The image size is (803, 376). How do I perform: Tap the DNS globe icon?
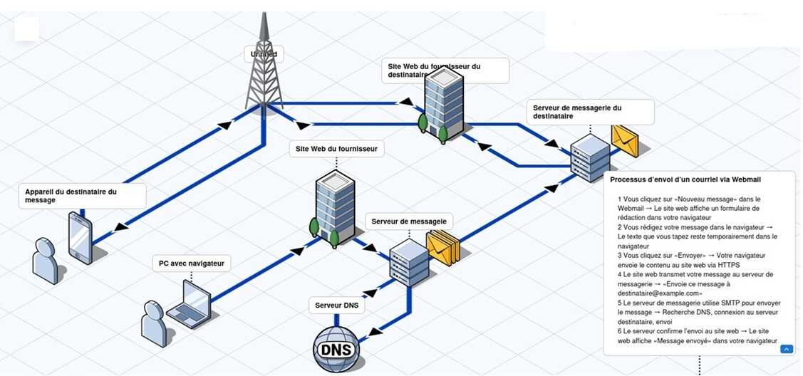(x=336, y=349)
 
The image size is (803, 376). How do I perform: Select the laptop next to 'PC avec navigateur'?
(x=190, y=305)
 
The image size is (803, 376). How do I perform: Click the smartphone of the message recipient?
(x=81, y=239)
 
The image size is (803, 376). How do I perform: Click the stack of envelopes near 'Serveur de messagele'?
(x=442, y=247)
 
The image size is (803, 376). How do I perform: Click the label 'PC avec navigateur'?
(x=192, y=263)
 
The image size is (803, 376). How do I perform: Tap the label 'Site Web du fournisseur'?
(x=337, y=149)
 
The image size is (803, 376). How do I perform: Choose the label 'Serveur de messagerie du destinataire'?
(x=591, y=112)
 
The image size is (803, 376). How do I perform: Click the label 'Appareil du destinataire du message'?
(x=82, y=196)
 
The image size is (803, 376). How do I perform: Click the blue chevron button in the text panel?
(x=787, y=348)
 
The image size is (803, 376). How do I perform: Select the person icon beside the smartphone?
(x=45, y=261)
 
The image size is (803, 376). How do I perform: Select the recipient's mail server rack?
(x=590, y=157)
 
